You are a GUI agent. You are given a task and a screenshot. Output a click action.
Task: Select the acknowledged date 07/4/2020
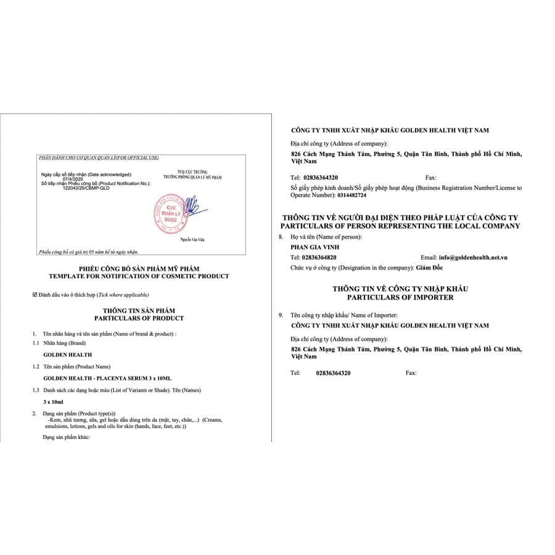point(73,179)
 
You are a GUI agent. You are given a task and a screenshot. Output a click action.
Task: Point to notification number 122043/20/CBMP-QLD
point(86,188)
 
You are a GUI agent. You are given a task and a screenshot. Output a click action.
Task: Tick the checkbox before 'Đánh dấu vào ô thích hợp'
point(35,295)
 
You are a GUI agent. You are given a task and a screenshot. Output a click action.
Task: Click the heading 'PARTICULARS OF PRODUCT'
point(139,318)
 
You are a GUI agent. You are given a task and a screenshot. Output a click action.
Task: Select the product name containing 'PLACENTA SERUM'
point(107,377)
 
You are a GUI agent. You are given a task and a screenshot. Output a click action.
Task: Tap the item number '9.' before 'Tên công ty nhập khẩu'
point(282,315)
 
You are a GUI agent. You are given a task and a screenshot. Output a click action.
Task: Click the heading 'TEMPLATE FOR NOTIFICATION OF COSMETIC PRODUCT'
point(139,276)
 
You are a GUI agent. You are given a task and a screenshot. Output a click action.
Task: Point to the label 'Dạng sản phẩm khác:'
point(67,437)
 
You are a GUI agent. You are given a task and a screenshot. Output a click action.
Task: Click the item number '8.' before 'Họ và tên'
point(282,237)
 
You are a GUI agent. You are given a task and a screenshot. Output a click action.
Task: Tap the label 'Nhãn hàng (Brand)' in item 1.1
point(64,343)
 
